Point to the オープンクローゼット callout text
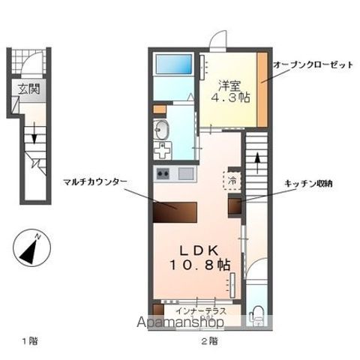click(313, 65)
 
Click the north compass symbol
click(29, 248)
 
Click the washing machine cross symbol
click(162, 149)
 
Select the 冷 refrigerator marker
click(232, 180)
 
